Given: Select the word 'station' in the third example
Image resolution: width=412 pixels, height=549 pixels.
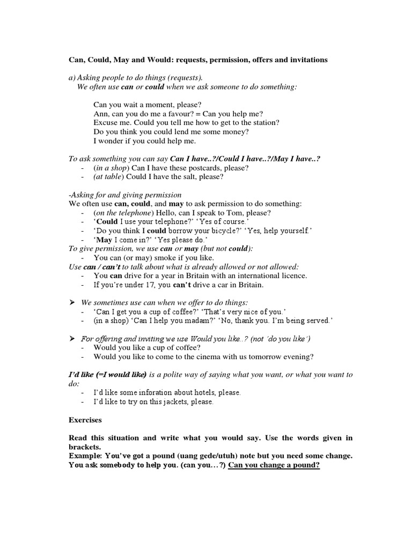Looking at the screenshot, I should pos(265,123).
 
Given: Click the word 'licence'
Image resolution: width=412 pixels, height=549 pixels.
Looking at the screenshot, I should pos(290,276).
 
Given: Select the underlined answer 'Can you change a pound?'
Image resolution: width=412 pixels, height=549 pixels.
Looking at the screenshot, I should pos(274,465).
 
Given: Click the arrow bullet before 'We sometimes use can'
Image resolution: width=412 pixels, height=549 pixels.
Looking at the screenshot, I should pos(71,302).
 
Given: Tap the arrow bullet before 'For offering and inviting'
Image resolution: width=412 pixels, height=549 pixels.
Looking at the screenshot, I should pos(71,338).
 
